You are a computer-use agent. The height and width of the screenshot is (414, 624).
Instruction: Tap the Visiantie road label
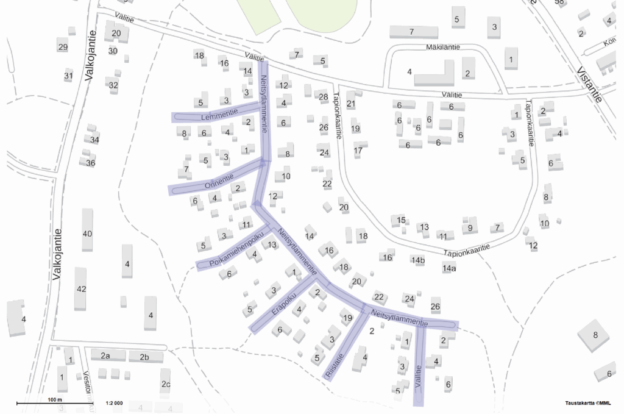click(x=589, y=83)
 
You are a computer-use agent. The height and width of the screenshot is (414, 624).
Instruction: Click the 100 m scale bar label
click(x=55, y=400)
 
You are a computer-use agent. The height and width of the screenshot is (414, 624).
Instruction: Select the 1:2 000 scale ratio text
click(x=114, y=403)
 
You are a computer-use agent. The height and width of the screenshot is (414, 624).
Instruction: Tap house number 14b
click(x=417, y=261)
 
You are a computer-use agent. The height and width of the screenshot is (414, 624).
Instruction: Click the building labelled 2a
click(x=105, y=356)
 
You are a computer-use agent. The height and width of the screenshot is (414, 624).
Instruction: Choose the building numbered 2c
click(x=166, y=384)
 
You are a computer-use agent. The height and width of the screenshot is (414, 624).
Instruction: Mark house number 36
click(x=91, y=163)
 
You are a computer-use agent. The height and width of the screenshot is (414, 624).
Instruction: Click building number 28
click(x=324, y=96)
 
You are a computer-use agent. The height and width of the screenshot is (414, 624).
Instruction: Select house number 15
click(x=400, y=219)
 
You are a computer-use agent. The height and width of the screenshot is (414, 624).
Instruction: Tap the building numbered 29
click(x=62, y=47)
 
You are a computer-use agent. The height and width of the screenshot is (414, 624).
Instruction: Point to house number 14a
click(x=449, y=268)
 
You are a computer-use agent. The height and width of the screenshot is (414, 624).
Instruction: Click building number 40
click(x=87, y=234)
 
